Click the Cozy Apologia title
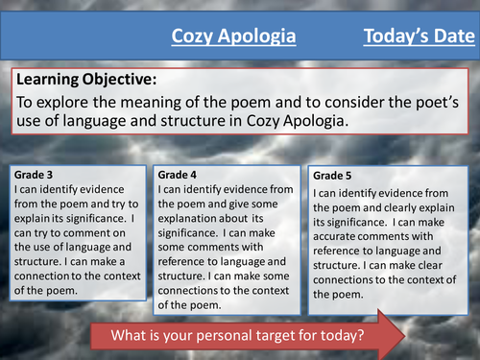click(233, 37)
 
